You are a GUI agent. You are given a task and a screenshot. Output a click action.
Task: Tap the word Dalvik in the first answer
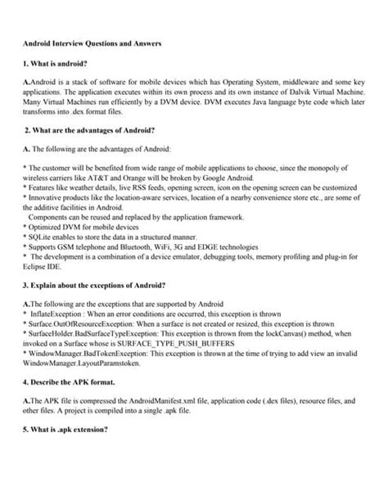(291, 96)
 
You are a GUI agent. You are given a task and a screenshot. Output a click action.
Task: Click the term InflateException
(56, 314)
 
